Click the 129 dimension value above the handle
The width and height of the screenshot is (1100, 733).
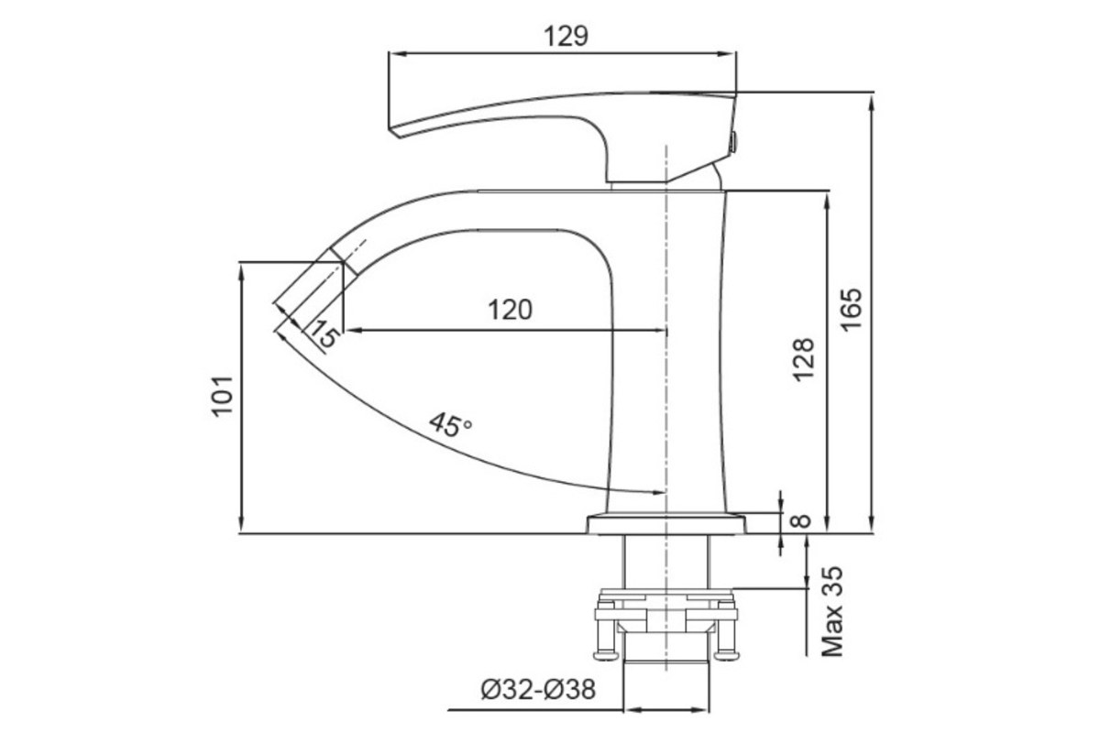[x=566, y=37]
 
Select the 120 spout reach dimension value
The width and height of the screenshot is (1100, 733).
[x=510, y=311]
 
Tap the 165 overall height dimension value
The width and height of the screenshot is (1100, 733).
[x=851, y=310]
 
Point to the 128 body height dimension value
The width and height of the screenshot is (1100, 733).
[x=803, y=359]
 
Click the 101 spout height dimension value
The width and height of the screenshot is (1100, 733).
[x=222, y=396]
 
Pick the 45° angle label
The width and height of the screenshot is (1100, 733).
[x=450, y=425]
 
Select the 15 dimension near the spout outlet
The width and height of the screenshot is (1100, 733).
[x=325, y=334]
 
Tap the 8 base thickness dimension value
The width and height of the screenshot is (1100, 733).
[x=801, y=521]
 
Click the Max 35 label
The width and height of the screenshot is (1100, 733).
[x=832, y=611]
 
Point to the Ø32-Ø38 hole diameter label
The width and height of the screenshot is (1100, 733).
[x=538, y=689]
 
